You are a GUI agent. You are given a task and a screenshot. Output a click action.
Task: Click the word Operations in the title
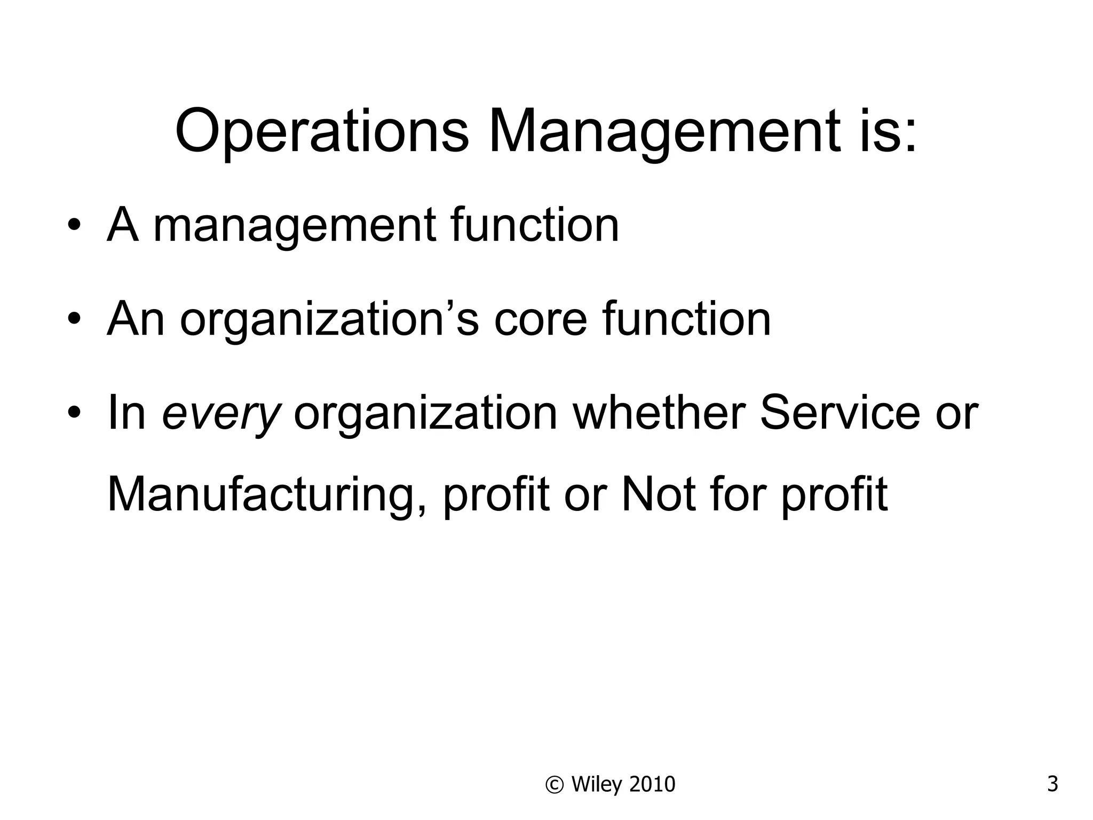click(x=322, y=131)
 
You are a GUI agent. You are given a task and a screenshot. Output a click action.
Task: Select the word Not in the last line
click(x=659, y=494)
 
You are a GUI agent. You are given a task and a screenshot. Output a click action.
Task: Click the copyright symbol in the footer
click(x=555, y=784)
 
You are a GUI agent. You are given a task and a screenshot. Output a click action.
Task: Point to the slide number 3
click(x=1052, y=784)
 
